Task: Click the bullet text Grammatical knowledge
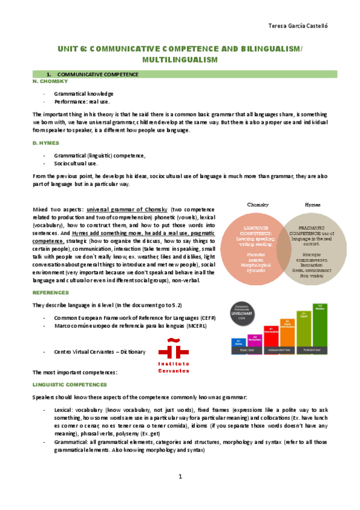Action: tap(84, 94)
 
